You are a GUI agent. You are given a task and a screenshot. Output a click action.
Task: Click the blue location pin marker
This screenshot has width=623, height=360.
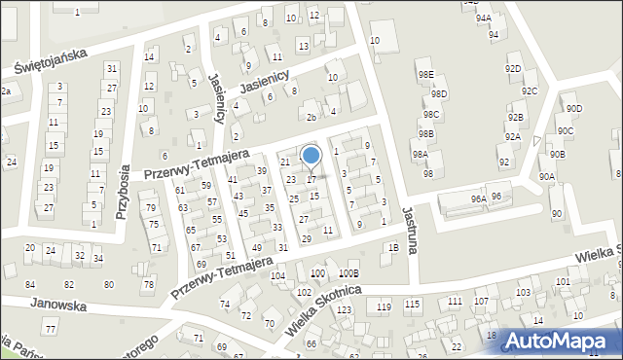pos(311,156)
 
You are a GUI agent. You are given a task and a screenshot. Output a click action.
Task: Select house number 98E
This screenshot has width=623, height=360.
pos(425,74)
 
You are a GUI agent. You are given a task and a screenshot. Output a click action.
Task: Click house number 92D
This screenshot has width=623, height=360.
pos(513,68)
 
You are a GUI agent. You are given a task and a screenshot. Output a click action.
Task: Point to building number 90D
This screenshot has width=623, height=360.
pos(573,108)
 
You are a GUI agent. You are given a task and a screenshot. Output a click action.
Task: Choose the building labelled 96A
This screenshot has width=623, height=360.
pos(478,198)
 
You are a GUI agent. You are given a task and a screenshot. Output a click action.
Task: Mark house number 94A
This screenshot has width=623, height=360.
pos(484,18)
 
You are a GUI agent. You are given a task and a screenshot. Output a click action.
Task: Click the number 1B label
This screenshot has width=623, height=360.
pos(393,247)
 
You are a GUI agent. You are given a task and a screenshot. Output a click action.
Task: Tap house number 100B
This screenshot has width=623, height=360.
pos(348,274)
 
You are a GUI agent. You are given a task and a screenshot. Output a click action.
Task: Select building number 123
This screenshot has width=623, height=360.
pos(344,309)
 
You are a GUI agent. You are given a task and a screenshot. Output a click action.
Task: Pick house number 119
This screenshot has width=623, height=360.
pos(384,306)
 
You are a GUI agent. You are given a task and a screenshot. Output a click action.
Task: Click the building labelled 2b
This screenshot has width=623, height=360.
pos(311,118)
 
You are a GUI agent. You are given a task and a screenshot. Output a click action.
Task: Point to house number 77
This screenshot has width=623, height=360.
pos(51,331)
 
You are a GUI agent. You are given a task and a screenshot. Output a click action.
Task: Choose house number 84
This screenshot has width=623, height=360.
pos(30,284)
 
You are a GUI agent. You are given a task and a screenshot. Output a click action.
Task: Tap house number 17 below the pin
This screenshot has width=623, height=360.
pos(311,179)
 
